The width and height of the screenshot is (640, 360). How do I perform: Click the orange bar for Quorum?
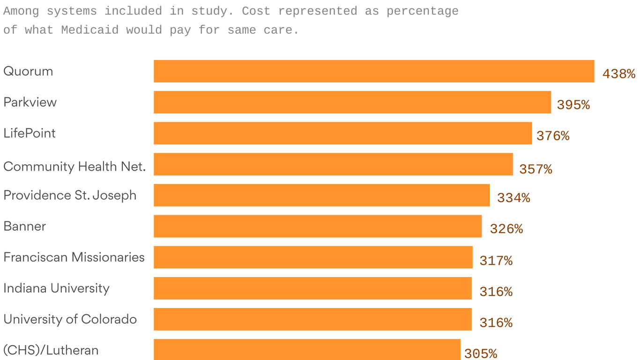[374, 71]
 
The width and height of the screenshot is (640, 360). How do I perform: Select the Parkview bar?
[352, 102]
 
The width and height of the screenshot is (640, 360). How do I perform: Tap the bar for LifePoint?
[343, 133]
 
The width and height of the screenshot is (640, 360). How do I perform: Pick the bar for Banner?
[318, 226]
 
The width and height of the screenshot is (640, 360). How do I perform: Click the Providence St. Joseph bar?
[321, 195]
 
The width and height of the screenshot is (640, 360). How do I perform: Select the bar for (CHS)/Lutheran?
[307, 350]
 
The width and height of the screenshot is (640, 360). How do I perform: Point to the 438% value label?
[618, 74]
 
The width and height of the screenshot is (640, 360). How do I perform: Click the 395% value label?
[573, 105]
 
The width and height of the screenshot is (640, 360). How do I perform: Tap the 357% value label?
[536, 169]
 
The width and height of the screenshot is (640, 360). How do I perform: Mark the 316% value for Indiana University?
[496, 292]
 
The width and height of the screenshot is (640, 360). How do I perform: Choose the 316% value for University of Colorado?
[496, 323]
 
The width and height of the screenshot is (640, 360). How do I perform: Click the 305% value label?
[481, 353]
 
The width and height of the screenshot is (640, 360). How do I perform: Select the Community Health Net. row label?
[74, 166]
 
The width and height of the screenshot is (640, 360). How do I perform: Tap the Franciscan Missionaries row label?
[74, 257]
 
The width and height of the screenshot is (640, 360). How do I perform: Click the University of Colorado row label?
[70, 319]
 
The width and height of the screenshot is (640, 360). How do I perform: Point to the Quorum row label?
[28, 71]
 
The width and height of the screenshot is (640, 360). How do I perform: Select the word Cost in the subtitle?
[256, 11]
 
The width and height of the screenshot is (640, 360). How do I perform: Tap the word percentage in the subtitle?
[422, 11]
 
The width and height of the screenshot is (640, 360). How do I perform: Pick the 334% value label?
[513, 198]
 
